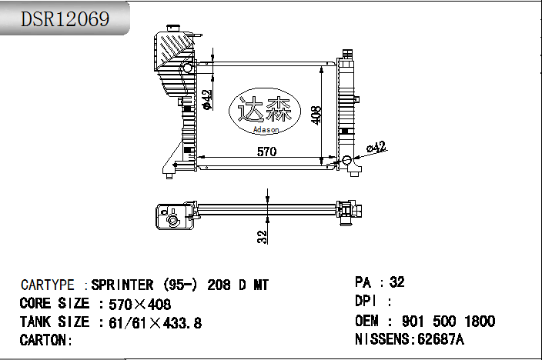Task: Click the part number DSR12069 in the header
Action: coord(65,19)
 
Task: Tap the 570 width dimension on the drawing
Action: coord(266,152)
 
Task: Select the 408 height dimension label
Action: coord(315,115)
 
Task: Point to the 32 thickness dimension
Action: coord(262,236)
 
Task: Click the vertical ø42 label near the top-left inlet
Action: coord(206,99)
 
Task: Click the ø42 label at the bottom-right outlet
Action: coord(376,147)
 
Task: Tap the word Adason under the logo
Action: coord(266,130)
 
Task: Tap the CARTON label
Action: coord(46,340)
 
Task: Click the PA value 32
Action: coord(397,282)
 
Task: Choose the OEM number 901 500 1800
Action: coord(447,321)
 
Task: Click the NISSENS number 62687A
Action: coord(444,339)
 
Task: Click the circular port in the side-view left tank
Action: coord(173,221)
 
